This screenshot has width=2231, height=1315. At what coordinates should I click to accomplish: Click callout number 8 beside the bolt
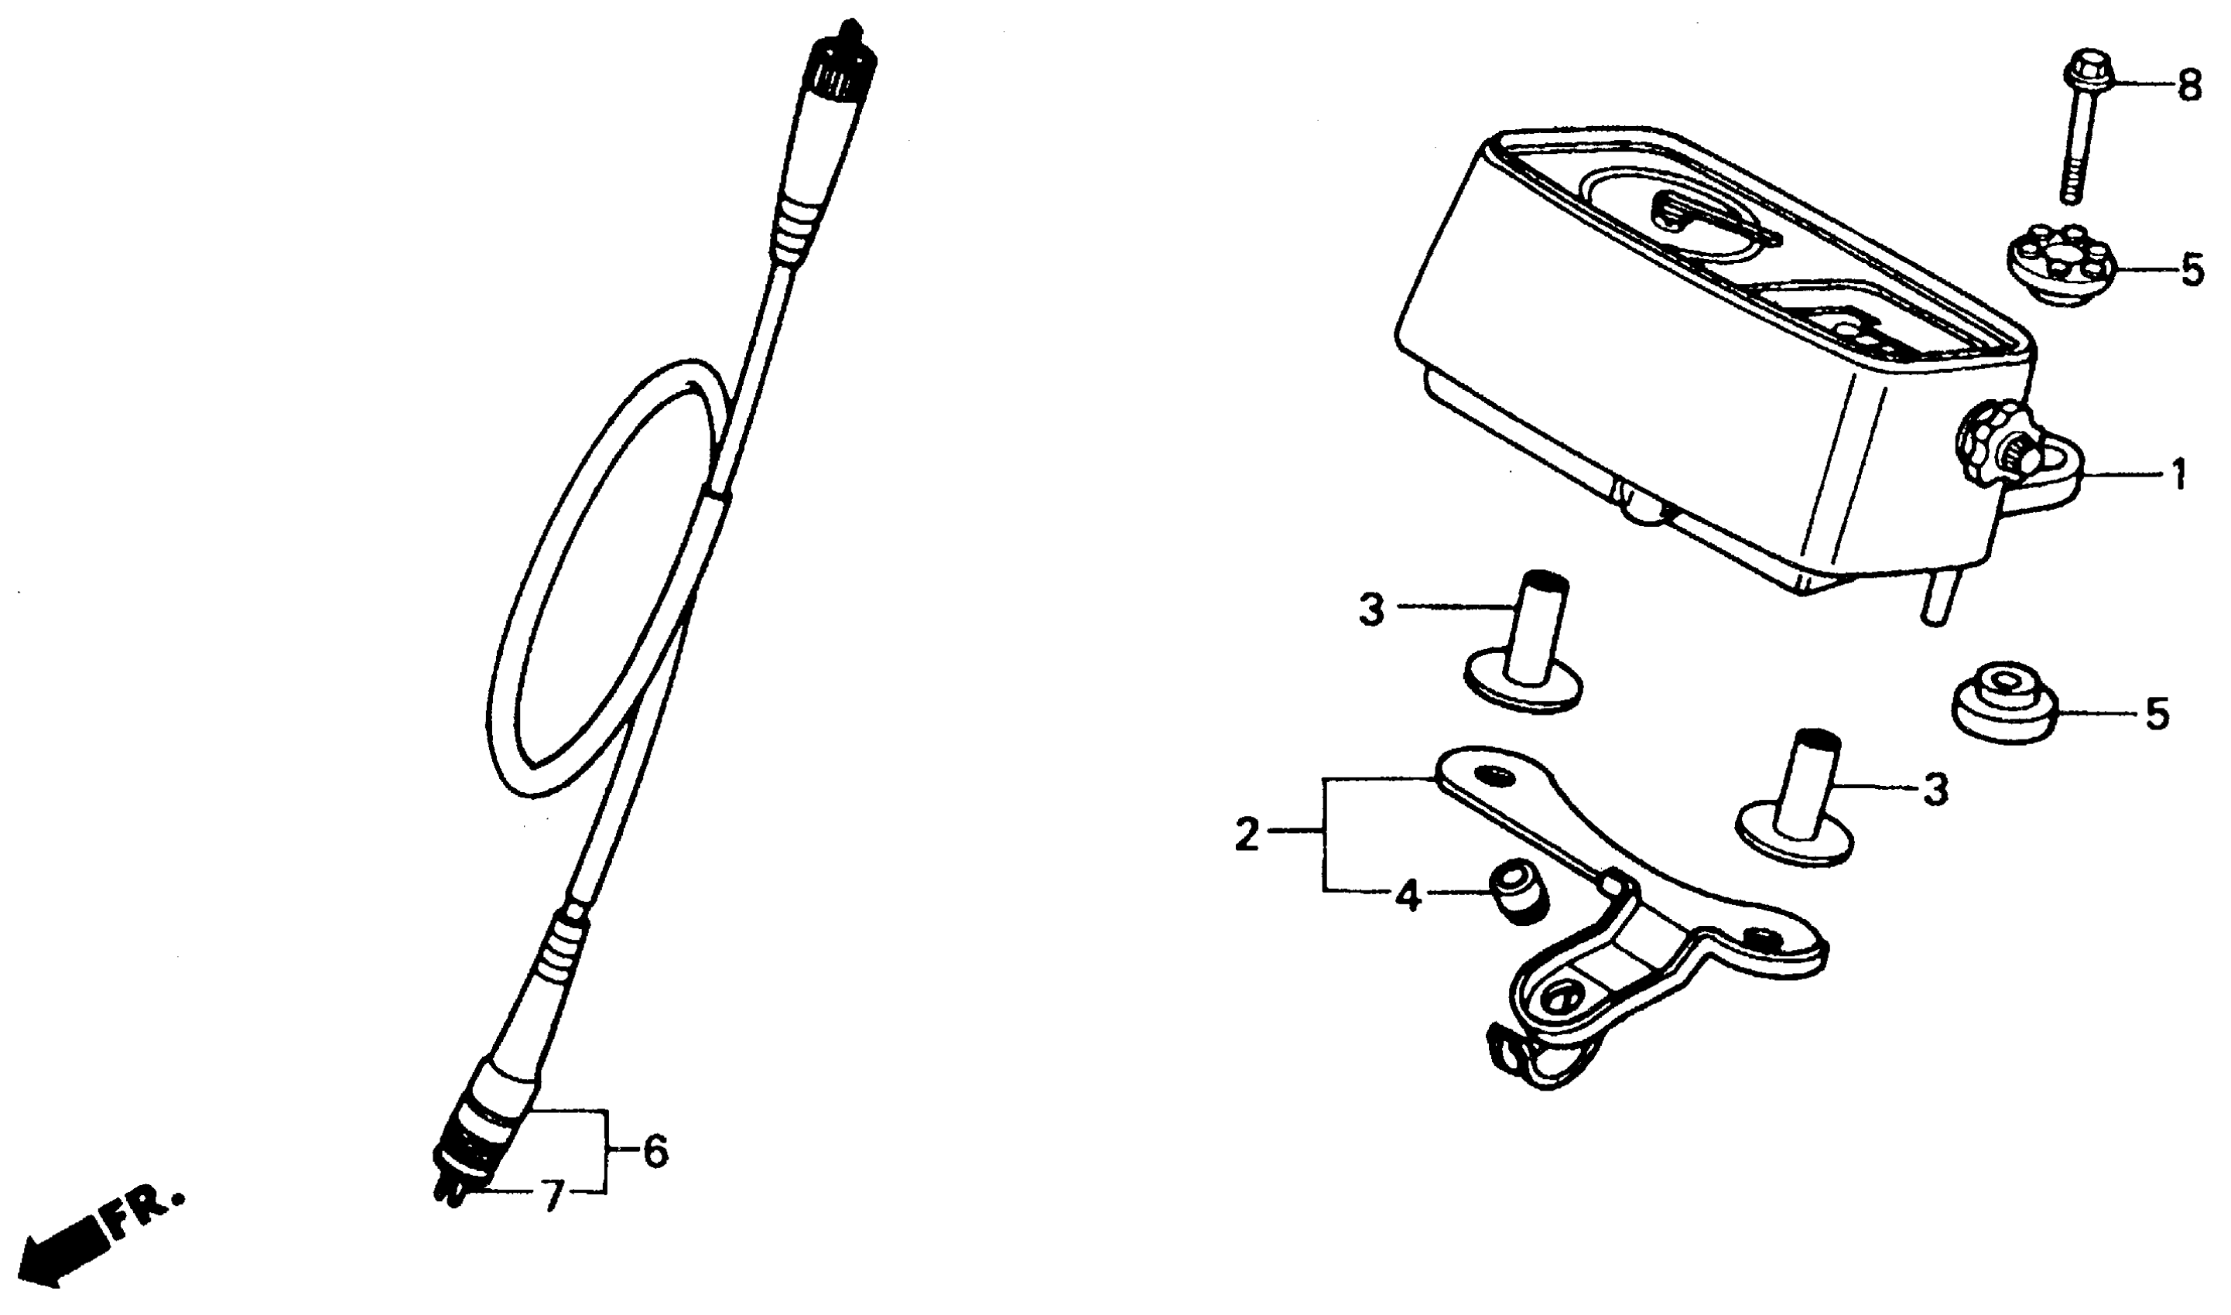tap(2189, 87)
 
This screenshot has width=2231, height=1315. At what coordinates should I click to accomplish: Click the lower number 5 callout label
tap(2157, 713)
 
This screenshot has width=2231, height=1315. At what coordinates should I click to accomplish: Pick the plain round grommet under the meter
tap(2005, 712)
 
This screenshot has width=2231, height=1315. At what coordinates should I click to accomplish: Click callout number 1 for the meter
tap(2178, 476)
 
